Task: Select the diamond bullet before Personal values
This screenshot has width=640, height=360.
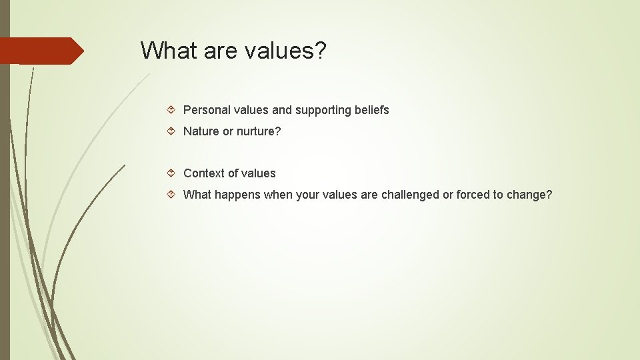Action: tap(172, 109)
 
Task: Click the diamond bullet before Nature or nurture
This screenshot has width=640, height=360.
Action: tap(172, 131)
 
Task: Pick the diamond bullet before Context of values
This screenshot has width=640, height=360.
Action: tap(172, 173)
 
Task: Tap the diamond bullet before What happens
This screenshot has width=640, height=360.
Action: tap(172, 195)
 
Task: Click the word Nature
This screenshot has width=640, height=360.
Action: tap(201, 131)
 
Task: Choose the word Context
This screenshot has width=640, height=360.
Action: tap(203, 173)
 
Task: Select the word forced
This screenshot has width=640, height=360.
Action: tap(473, 195)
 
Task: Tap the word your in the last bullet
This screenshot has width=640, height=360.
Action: tap(307, 195)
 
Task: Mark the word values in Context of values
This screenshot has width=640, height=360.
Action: tap(258, 173)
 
